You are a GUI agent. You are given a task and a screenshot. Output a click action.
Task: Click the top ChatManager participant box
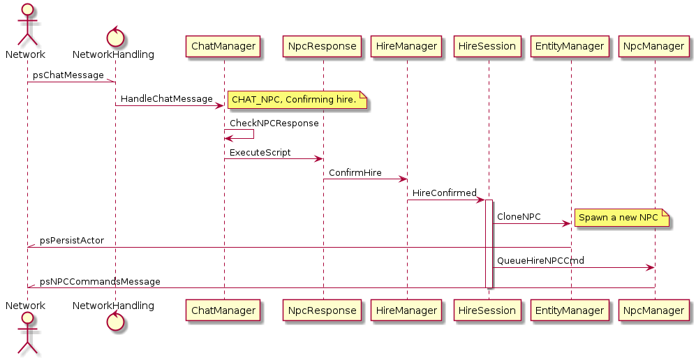224,47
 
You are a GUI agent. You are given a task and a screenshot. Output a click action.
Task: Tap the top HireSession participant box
488,47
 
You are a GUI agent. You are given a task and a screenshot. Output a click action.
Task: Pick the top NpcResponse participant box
323,47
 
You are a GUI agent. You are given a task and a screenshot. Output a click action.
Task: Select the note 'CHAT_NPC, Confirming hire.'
298,100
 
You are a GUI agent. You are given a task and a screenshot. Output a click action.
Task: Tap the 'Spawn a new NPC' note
621,218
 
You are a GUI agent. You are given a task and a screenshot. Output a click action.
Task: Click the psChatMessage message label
68,75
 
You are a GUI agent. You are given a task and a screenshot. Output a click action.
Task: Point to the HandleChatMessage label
167,99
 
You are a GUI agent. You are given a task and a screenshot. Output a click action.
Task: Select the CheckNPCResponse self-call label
274,123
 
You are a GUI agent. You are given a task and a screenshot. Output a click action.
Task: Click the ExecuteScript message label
260,152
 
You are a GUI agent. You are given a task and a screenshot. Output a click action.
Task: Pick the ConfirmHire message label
355,172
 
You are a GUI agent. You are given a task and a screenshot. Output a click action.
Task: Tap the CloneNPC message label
519,217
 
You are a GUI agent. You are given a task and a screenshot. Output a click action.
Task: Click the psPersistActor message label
72,241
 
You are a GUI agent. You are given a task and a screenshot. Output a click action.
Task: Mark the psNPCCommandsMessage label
100,282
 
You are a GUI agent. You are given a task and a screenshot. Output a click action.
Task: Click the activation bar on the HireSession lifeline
489,244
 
